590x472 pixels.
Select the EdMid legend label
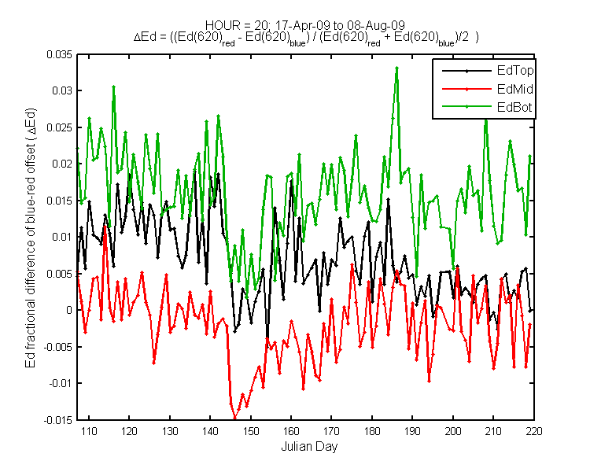514,89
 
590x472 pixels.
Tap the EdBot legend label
514,107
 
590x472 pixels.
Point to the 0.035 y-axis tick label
59,54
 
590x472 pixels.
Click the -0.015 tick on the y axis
57,420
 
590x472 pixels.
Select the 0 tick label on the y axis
69,310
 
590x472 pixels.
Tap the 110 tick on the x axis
89,431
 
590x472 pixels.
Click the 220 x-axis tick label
534,431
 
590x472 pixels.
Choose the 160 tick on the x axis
291,431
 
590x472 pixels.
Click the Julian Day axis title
309,446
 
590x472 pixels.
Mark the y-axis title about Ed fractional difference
31,238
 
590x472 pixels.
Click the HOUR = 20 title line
305,25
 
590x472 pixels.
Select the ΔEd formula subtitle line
306,38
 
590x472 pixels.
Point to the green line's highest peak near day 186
396,68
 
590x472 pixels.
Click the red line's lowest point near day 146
235,418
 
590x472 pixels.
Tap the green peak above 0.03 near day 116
113,87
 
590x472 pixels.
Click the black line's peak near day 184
389,200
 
